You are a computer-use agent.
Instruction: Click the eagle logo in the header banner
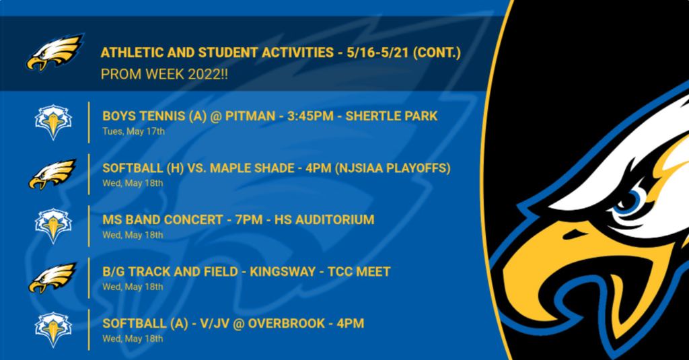point(55,52)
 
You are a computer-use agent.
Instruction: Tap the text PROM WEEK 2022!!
point(164,74)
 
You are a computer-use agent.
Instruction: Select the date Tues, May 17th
point(134,131)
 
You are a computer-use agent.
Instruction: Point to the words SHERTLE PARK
point(392,116)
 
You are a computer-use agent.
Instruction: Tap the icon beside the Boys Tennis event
point(53,122)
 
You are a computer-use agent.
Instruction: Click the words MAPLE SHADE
point(252,168)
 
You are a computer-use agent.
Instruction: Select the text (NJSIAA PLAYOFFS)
point(392,168)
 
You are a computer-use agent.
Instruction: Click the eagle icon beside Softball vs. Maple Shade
point(52,174)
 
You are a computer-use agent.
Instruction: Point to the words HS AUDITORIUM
point(324,220)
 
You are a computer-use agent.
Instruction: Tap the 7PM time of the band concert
point(249,220)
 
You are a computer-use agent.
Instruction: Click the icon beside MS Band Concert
point(53,225)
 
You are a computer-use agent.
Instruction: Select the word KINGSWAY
point(283,272)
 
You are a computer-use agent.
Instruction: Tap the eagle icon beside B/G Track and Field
point(52,278)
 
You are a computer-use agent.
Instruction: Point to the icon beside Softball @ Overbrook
point(53,330)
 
